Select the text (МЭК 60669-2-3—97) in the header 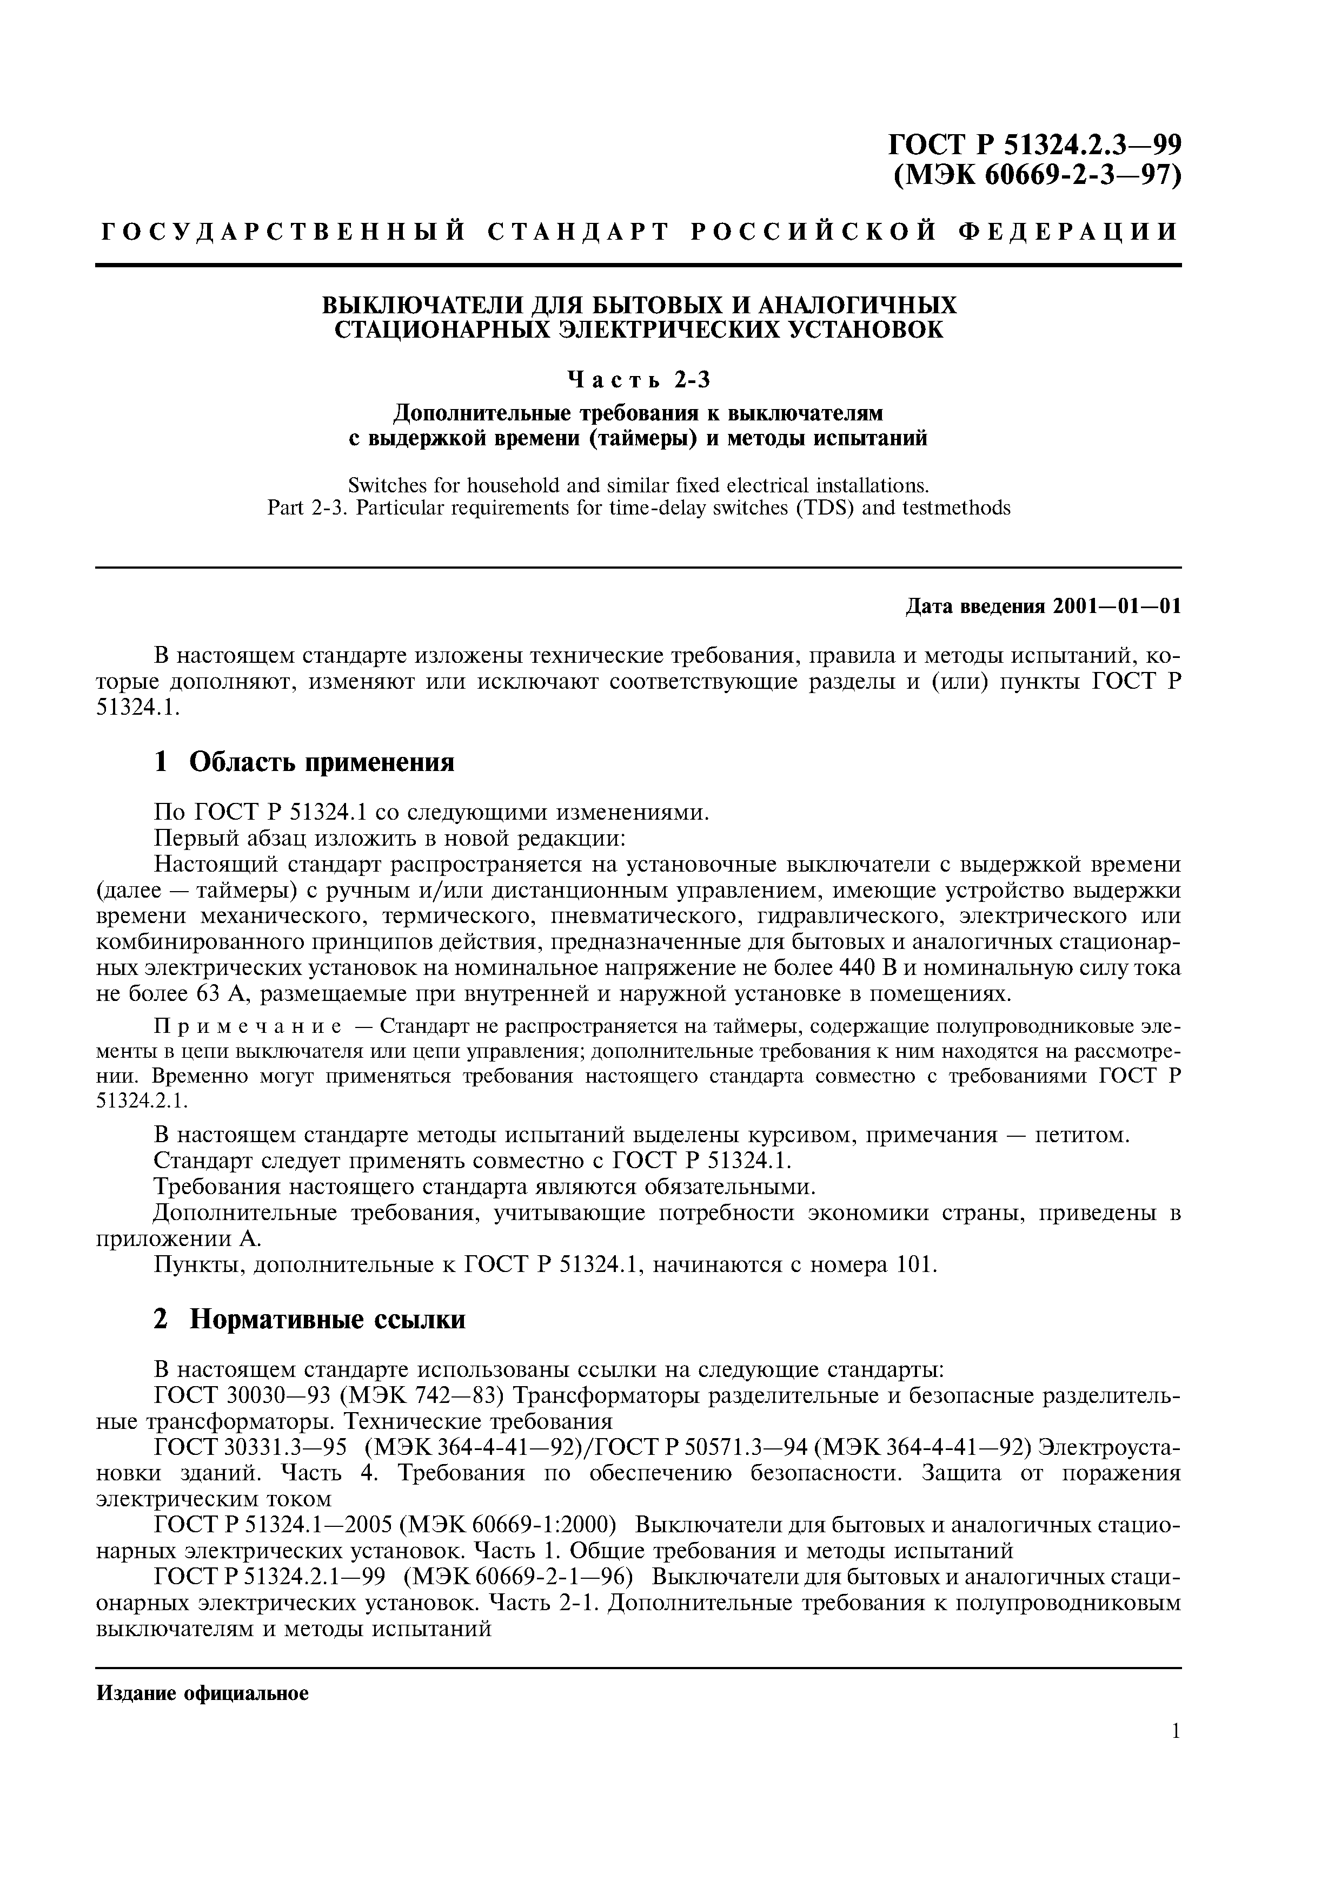coord(1038,176)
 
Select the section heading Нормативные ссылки coord(327,1319)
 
